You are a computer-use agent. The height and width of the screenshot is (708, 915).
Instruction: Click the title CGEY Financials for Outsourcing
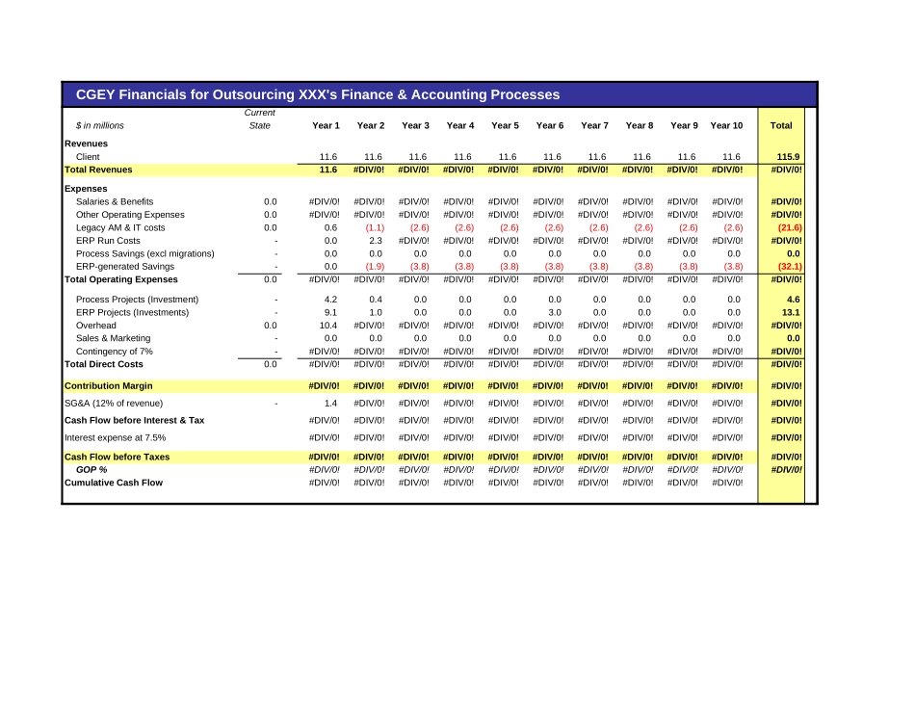click(310, 94)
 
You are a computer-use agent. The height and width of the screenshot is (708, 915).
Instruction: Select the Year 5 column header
click(505, 125)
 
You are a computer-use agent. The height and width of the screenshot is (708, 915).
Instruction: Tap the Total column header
click(781, 125)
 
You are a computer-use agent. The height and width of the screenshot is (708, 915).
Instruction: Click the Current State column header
click(260, 119)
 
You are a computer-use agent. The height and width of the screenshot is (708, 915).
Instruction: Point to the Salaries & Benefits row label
click(115, 201)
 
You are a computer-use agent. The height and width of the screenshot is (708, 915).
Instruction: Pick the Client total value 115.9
click(788, 156)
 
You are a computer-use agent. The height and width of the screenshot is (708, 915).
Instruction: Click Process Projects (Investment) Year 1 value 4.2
click(330, 300)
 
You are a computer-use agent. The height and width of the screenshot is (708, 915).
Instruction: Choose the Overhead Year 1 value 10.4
click(328, 326)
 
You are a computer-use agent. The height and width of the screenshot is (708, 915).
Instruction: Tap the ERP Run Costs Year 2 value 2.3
click(376, 241)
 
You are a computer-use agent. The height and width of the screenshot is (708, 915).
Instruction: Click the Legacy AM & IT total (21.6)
click(790, 227)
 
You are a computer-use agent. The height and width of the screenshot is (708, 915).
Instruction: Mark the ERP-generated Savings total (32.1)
click(790, 267)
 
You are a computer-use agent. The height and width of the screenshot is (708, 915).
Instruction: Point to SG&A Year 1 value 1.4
click(330, 403)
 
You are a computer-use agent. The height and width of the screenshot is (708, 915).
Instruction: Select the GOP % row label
click(91, 469)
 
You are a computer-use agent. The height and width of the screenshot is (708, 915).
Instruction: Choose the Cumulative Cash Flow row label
click(113, 483)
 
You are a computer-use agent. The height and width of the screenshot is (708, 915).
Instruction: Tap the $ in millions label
click(100, 125)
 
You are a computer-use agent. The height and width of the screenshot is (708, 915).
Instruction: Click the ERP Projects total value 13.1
click(792, 312)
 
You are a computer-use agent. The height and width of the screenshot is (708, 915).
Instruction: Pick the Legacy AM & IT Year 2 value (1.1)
click(375, 227)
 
